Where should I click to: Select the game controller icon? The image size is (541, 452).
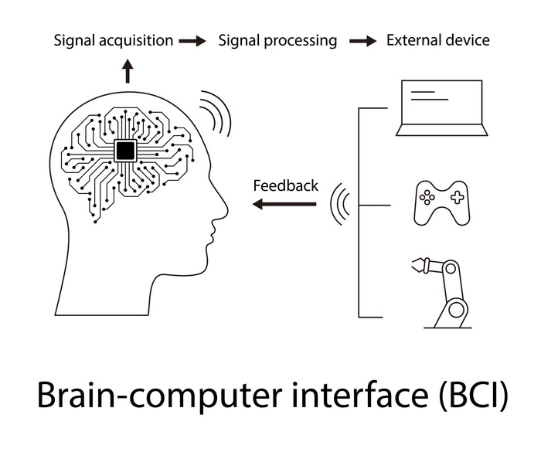click(441, 203)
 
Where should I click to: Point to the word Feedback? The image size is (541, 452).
click(285, 185)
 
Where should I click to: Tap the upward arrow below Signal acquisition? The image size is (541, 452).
click(128, 73)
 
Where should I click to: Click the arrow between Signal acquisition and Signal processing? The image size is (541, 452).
click(192, 41)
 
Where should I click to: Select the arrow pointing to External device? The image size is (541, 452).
click(362, 41)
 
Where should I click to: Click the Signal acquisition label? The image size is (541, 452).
click(113, 40)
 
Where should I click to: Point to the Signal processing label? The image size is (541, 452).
click(277, 40)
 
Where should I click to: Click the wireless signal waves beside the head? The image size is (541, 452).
click(218, 113)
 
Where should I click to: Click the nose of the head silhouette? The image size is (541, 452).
click(225, 204)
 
